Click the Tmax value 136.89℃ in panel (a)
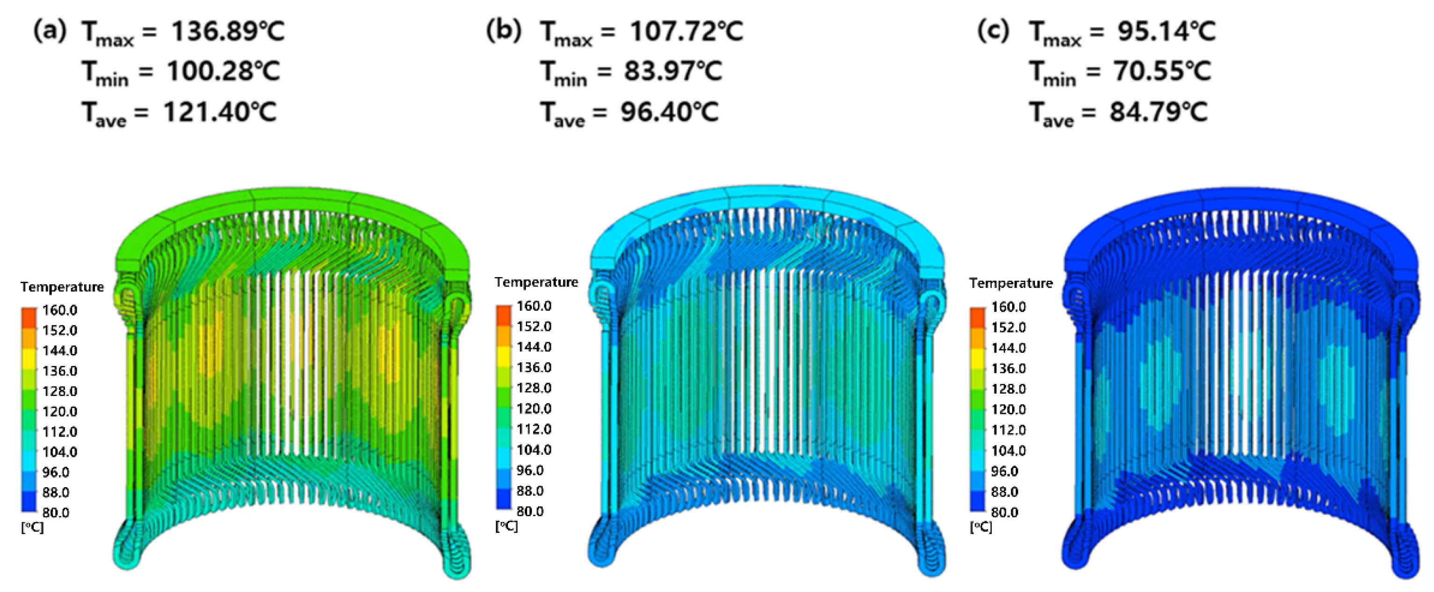[x=228, y=31]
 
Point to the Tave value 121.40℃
[x=220, y=112]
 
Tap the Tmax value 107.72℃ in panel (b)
[x=687, y=31]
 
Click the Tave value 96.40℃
[x=670, y=112]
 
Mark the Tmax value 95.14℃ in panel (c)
[x=1167, y=31]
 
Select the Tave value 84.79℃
[x=1159, y=112]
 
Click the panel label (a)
[x=50, y=31]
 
